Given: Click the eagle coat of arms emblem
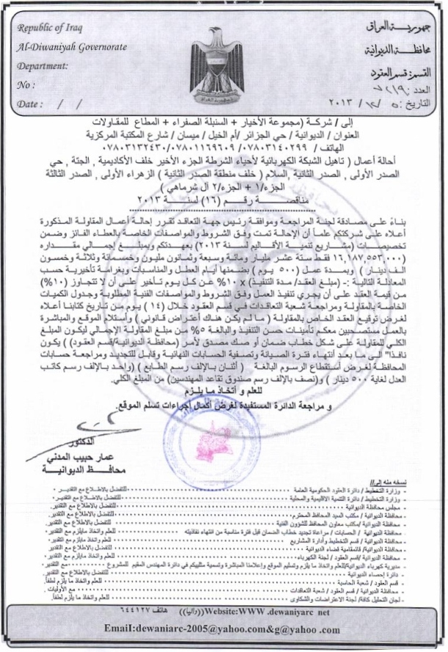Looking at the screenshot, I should point(218,66).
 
